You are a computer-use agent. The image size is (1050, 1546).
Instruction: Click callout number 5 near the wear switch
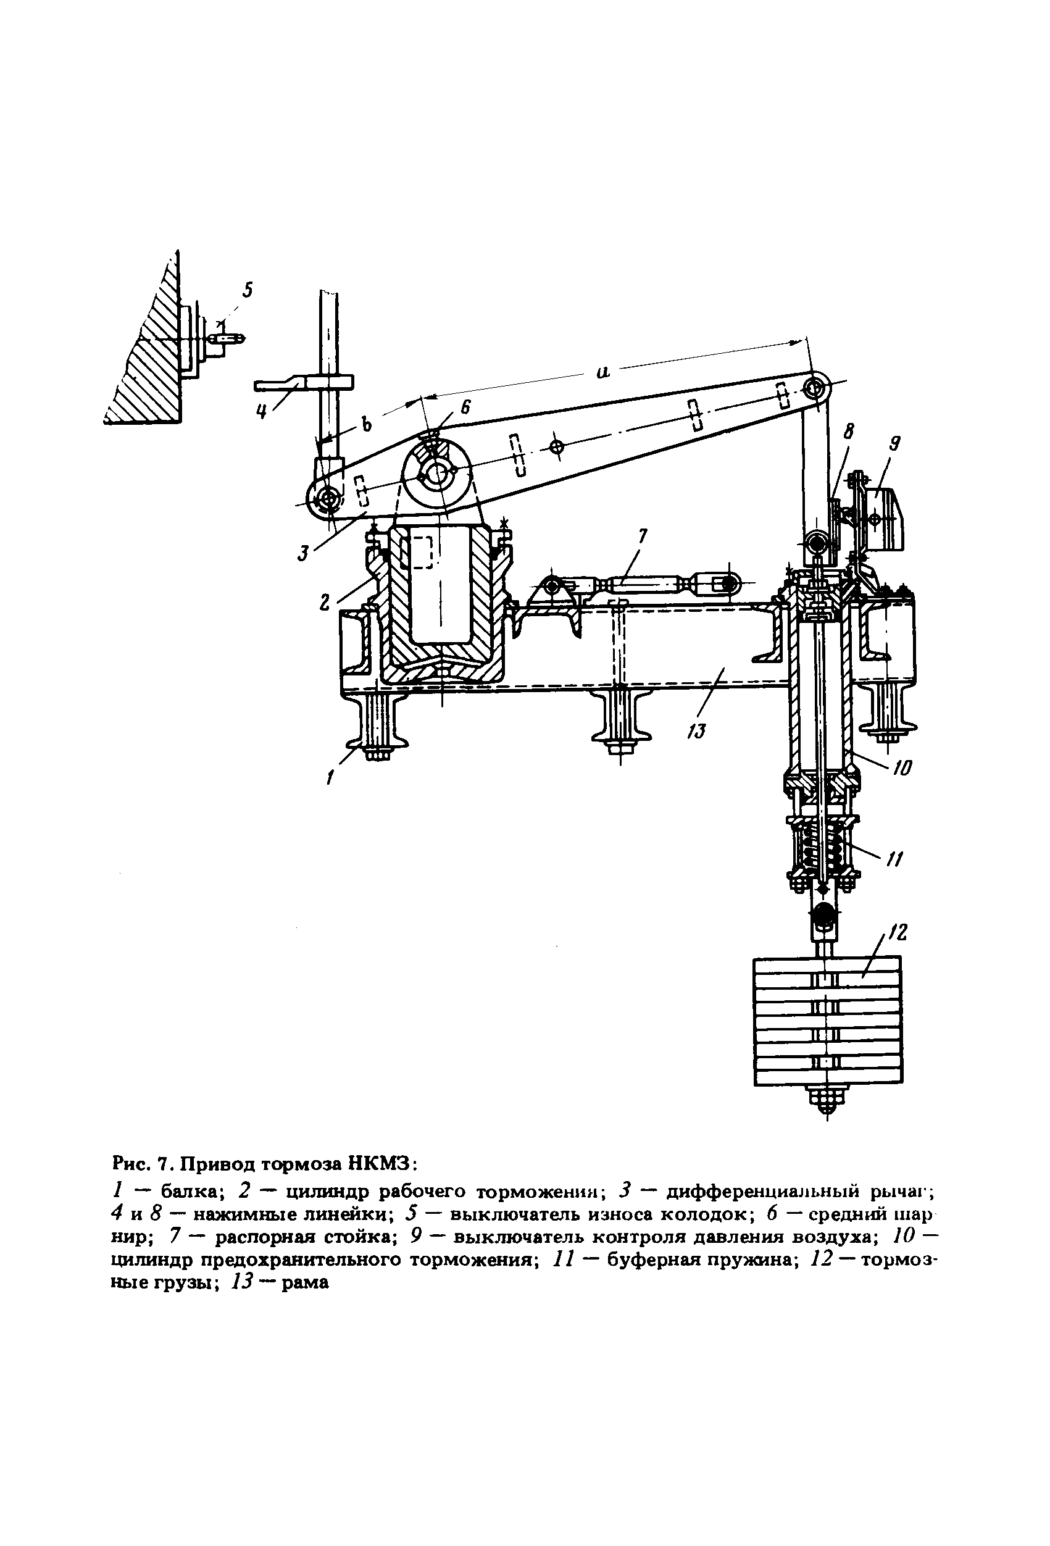click(x=248, y=291)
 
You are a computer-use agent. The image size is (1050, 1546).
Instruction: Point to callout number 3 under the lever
click(x=303, y=552)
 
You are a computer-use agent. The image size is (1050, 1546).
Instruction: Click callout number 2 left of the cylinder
click(x=325, y=601)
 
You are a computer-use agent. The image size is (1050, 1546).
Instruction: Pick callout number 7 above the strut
click(x=643, y=536)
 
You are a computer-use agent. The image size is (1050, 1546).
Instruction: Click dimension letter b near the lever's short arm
click(x=365, y=424)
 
